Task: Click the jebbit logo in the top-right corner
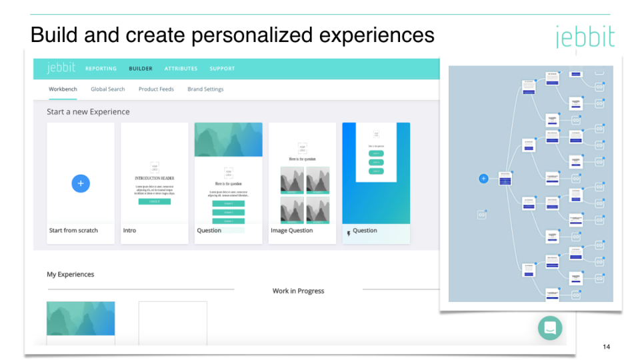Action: coord(585,37)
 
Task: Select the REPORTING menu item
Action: coord(101,69)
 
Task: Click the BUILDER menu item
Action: coord(141,69)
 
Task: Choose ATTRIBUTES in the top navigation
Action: coord(181,69)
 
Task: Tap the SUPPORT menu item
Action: coord(222,69)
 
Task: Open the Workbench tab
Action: coord(63,89)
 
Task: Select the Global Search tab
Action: coord(108,89)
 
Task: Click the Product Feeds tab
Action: coord(156,89)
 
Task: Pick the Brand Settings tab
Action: coord(205,89)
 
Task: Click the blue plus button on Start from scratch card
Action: coord(81,183)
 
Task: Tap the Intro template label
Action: coord(129,231)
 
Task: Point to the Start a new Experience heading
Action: coord(88,112)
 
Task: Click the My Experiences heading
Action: coord(70,275)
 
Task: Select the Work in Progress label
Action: coord(298,291)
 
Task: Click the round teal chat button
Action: coord(550,327)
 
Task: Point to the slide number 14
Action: coord(606,347)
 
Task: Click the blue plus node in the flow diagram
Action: coord(484,179)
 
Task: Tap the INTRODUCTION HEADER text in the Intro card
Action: coord(154,179)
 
